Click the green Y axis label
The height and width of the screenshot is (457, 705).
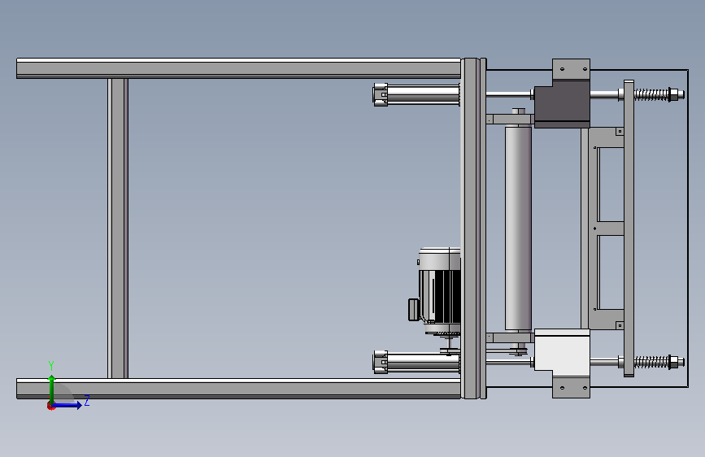pyautogui.click(x=51, y=365)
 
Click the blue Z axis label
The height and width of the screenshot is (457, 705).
pyautogui.click(x=87, y=400)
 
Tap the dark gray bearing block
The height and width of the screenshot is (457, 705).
pyautogui.click(x=562, y=104)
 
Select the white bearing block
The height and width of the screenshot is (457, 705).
pyautogui.click(x=562, y=352)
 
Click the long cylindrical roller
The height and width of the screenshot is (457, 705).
pyautogui.click(x=518, y=228)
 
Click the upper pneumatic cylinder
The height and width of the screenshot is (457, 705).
pyautogui.click(x=416, y=94)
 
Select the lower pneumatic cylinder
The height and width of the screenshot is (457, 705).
pyautogui.click(x=416, y=363)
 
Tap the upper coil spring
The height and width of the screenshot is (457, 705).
pyautogui.click(x=651, y=94)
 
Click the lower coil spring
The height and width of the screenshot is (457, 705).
pyautogui.click(x=651, y=362)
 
